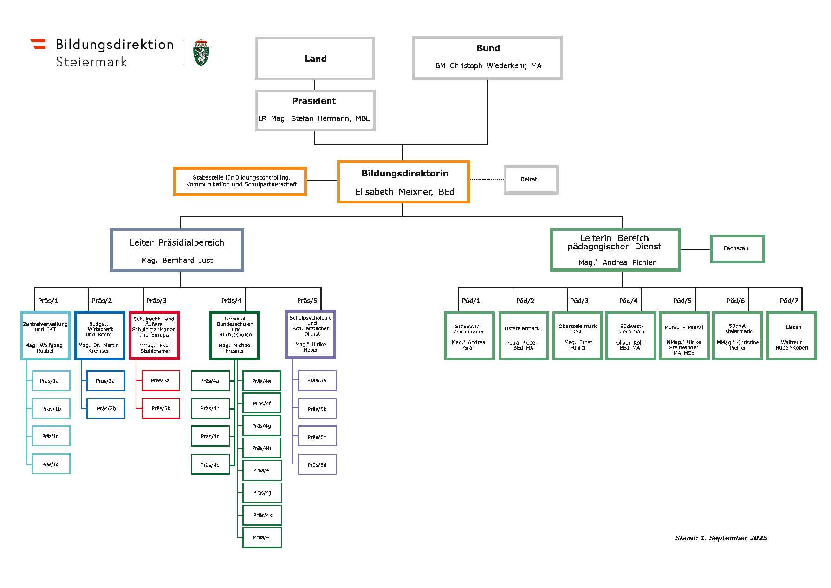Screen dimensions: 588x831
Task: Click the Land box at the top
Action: point(315,59)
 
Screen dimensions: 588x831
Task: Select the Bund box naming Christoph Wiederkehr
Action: point(487,58)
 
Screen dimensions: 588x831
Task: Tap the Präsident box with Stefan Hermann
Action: point(315,110)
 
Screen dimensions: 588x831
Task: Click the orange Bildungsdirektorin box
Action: point(403,182)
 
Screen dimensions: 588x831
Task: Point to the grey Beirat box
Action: point(531,179)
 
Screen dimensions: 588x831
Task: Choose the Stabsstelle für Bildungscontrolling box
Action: point(240,181)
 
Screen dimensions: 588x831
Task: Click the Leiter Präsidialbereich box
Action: point(177,250)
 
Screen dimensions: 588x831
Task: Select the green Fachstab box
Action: point(737,248)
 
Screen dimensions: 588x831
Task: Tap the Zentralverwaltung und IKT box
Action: point(45,335)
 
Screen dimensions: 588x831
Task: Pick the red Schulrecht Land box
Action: point(154,335)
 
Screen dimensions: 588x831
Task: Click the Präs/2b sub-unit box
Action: point(106,408)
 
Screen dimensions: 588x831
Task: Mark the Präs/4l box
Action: point(262,537)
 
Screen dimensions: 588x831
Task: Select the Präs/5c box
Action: point(317,437)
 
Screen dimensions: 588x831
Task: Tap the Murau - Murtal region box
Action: point(684,336)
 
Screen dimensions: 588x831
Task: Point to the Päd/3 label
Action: point(579,301)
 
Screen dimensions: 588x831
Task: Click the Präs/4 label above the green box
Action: point(231,301)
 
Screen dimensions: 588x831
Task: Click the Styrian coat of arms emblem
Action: point(201,52)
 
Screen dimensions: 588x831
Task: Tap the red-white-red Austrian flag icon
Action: point(39,44)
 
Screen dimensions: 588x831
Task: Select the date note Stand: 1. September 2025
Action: point(721,538)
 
